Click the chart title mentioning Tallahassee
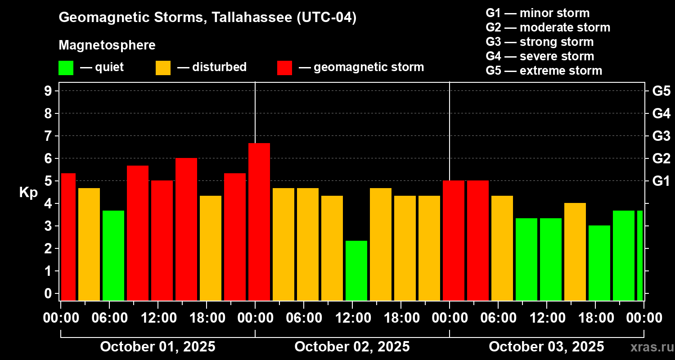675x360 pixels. tap(207, 18)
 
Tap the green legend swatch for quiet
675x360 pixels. tap(66, 68)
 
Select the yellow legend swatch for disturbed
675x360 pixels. tap(163, 68)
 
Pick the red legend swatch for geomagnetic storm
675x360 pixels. tap(284, 68)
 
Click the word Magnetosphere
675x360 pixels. tap(107, 45)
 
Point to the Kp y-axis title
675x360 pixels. tap(28, 193)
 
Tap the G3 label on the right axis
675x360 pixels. tap(661, 136)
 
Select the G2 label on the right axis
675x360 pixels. tap(661, 158)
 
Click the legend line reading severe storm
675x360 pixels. tap(540, 56)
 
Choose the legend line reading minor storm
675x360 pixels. tap(537, 13)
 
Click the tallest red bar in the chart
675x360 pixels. tap(259, 221)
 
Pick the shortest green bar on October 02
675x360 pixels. tap(356, 270)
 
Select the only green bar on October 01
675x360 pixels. tap(113, 255)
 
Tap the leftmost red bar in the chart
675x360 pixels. tap(68, 237)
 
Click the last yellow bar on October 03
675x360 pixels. tap(575, 252)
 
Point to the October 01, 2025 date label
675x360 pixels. tap(157, 347)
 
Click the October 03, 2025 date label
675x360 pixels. tap(546, 347)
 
